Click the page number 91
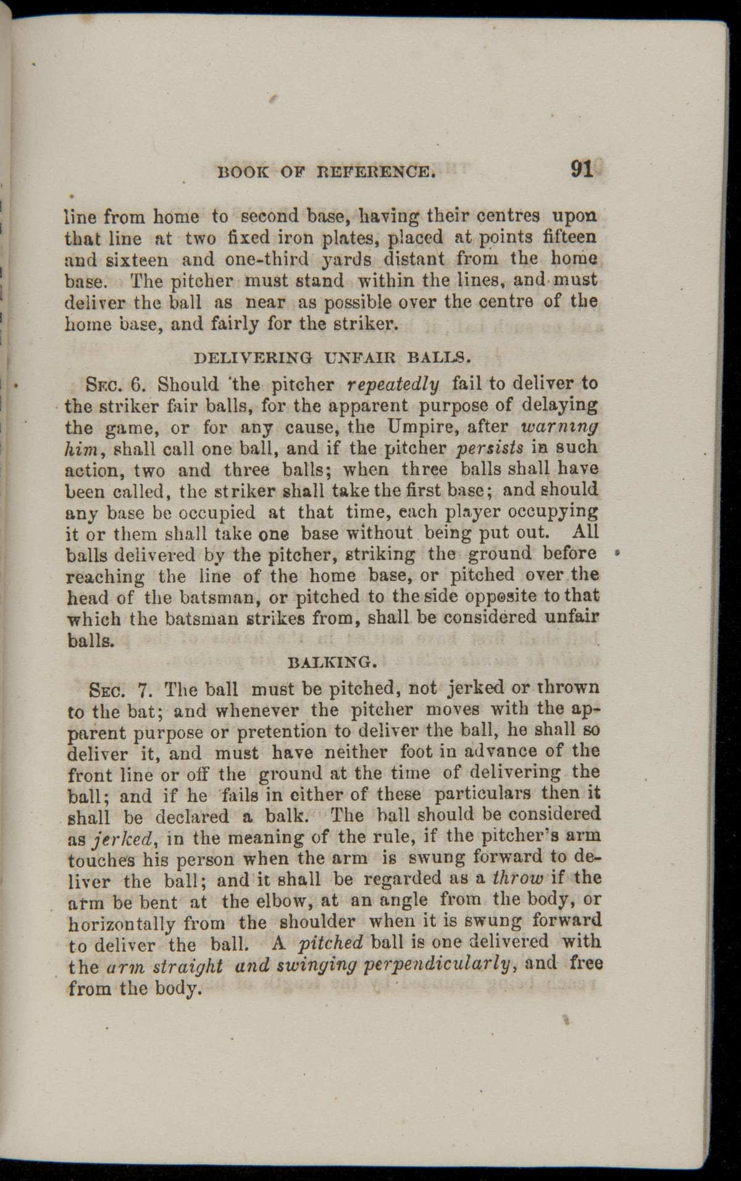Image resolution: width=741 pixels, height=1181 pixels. (x=582, y=169)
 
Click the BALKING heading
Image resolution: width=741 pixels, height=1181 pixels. (x=333, y=663)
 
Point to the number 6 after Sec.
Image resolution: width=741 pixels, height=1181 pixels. (x=138, y=385)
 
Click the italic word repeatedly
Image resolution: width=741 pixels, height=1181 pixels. (x=393, y=385)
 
